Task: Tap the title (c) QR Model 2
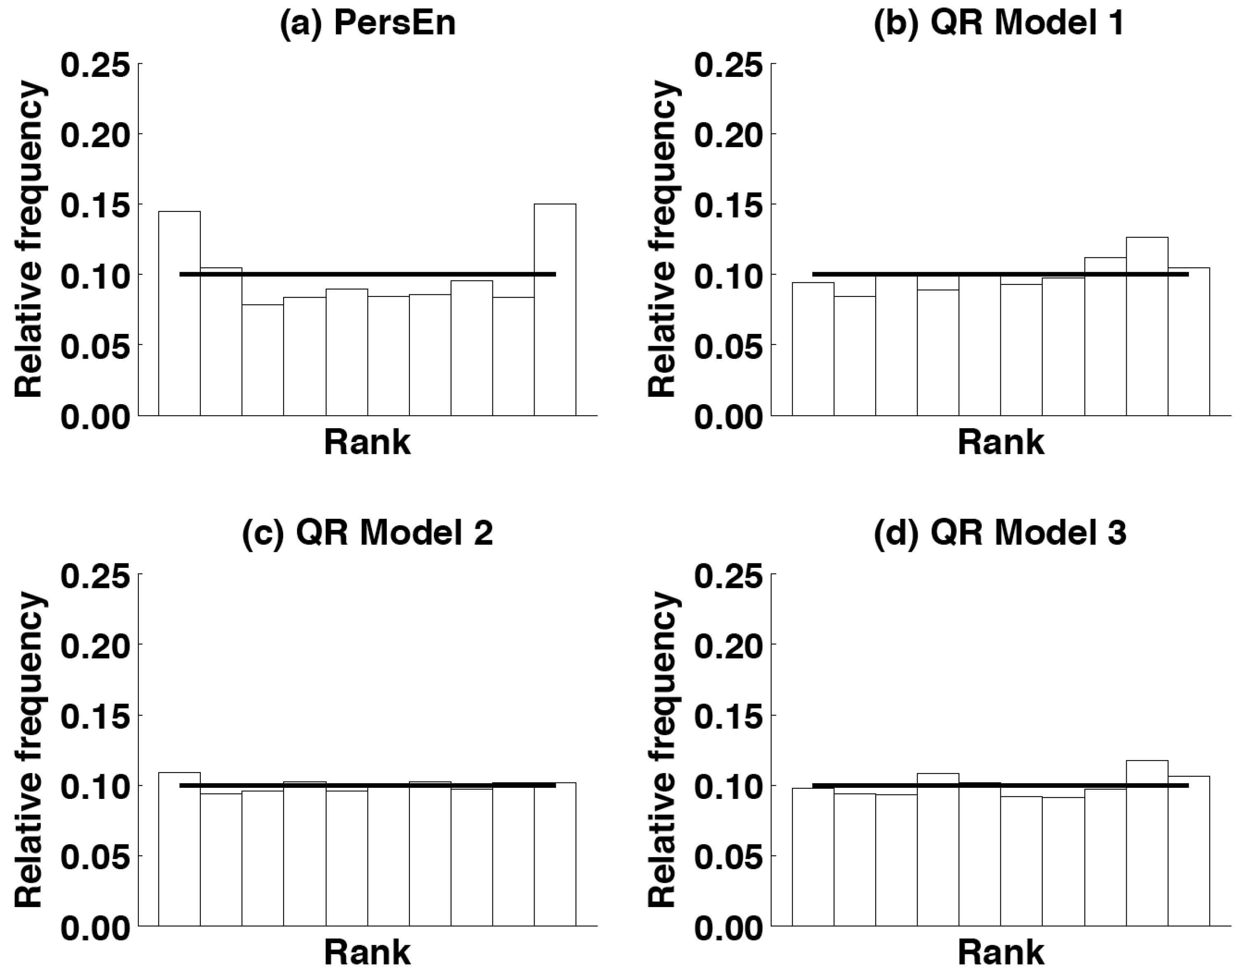tap(367, 534)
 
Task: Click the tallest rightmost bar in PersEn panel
tap(555, 310)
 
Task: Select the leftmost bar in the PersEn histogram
tap(179, 313)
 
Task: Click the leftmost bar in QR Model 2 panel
tap(179, 848)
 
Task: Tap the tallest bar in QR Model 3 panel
tap(1147, 842)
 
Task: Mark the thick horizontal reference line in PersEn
tap(367, 274)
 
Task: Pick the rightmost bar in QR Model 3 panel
tap(1189, 851)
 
